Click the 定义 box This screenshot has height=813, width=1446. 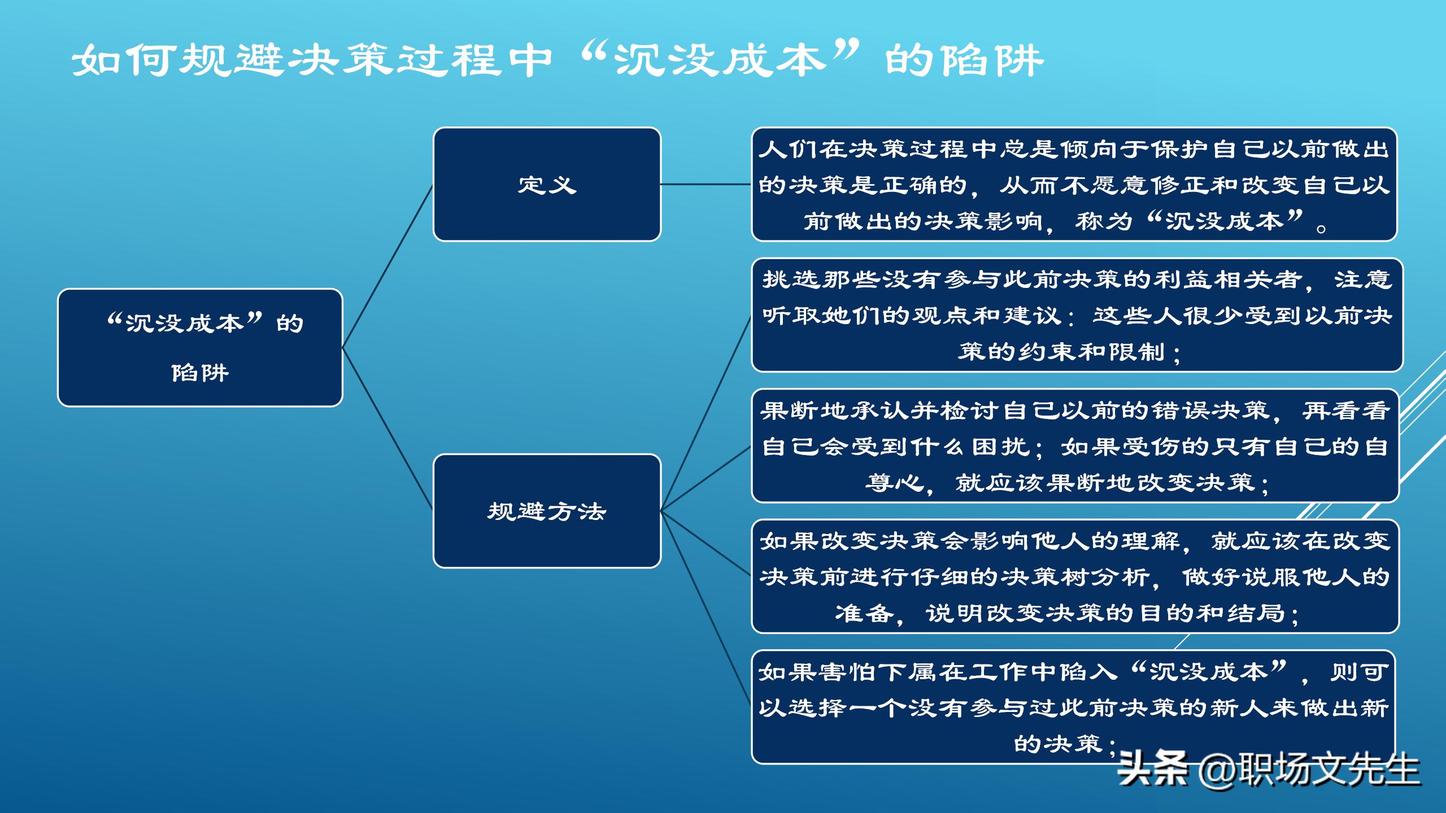point(547,184)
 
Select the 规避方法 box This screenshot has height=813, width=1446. point(547,511)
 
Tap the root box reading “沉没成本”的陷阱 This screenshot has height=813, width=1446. point(200,347)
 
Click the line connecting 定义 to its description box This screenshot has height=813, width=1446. point(706,184)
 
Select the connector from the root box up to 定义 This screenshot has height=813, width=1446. point(387,265)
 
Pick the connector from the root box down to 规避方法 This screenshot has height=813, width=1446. point(387,429)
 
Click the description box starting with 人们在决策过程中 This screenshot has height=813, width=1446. point(1074,184)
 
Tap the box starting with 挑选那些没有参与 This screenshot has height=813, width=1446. point(1077,314)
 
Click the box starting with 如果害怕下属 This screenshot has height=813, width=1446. point(1073,707)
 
